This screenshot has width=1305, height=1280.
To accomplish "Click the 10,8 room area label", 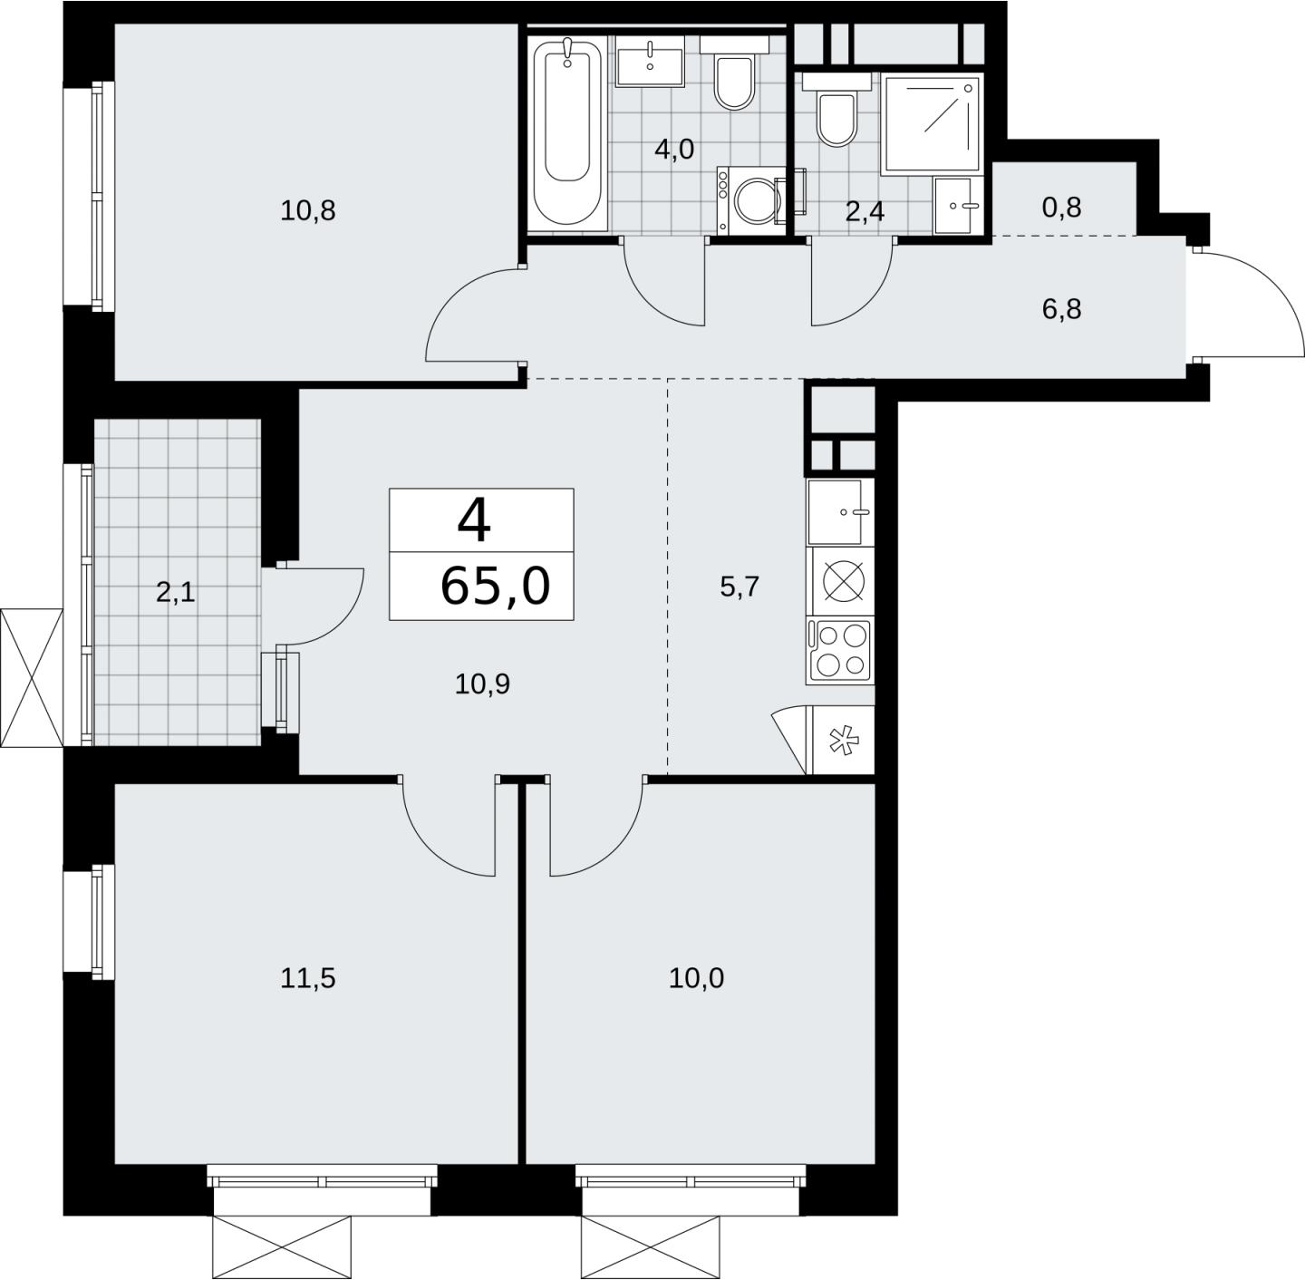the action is [308, 211].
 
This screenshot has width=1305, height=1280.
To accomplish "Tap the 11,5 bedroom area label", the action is [308, 978].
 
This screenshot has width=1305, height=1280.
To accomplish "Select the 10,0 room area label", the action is [696, 978].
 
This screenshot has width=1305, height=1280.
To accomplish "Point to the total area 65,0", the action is [495, 587].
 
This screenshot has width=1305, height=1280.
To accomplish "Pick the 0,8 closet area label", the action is [1062, 208].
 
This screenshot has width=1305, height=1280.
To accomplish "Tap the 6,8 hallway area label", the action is [1062, 310].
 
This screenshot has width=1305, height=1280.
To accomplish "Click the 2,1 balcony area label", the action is [176, 593].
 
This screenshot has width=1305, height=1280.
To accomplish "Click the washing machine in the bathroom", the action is [751, 200].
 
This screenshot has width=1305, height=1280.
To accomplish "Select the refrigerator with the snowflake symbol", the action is [843, 740].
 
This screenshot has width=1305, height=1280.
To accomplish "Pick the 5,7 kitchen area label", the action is [739, 587].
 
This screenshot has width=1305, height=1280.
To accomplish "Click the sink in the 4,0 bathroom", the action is [650, 61].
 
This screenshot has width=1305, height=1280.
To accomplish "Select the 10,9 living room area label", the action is [482, 684].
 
